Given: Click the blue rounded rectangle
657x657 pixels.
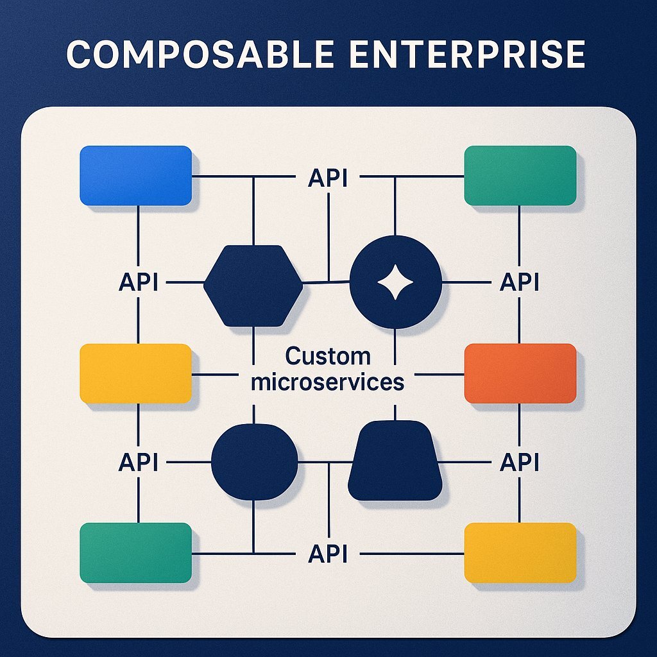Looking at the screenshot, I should pos(135,176).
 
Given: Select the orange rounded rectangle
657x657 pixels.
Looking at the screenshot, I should pos(520,373).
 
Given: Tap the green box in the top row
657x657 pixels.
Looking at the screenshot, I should pos(520,176).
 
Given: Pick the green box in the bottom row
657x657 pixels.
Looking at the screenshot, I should pos(135,552).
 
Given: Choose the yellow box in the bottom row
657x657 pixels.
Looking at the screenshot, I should pos(520,552).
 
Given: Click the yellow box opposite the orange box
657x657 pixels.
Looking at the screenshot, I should pos(135,373).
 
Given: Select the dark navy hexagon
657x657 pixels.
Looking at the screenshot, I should pos(253,286).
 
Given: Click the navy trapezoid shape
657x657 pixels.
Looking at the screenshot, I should pos(395,461).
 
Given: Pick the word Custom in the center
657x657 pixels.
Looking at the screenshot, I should pos(328,356).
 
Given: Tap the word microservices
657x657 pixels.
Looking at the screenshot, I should pos(328,382).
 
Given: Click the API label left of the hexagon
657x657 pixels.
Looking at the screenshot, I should pos(139,282).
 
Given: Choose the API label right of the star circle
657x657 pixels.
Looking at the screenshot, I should pos(518,282).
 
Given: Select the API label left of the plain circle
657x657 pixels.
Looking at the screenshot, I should pos(139,462).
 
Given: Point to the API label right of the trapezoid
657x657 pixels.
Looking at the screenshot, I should pos(518,462).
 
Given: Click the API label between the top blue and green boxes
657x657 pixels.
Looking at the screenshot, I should pos(328,178).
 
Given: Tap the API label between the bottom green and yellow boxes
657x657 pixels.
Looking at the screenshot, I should pos(328,553).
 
